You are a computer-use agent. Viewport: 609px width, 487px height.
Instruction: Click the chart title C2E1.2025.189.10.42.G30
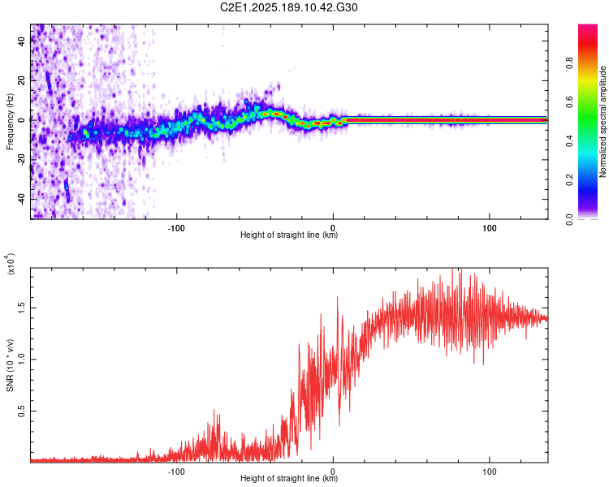tap(288, 7)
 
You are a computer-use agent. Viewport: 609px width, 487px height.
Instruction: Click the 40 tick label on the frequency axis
tap(21, 41)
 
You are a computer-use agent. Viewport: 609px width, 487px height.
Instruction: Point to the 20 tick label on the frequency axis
tap(21, 80)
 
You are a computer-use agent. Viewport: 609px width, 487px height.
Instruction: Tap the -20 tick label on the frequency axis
tap(21, 160)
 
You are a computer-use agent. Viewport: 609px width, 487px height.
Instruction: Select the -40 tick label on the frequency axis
tap(21, 199)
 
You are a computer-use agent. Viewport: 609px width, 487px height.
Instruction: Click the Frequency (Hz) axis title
tap(10, 122)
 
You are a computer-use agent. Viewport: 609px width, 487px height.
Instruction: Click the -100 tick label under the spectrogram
tap(176, 228)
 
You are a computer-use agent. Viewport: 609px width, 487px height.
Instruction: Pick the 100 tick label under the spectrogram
tap(490, 228)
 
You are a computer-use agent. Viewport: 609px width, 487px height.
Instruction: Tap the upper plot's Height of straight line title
tap(289, 235)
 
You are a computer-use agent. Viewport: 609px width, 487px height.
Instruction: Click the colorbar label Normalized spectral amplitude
tap(603, 122)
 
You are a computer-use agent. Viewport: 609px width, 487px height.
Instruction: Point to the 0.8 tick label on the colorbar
tap(569, 62)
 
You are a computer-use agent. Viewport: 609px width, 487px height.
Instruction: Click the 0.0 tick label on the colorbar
tap(569, 219)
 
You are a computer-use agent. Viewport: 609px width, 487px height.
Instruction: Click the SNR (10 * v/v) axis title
tap(10, 365)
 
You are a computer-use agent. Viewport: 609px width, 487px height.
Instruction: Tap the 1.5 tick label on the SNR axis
tap(21, 308)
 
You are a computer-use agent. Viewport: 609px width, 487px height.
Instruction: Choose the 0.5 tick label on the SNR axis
tap(21, 411)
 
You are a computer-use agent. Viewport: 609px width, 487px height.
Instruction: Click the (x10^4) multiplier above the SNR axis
tap(11, 264)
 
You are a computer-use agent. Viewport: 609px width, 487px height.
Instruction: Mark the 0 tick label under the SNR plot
tap(333, 472)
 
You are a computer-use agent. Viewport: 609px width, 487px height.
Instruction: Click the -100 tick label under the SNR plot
tap(176, 472)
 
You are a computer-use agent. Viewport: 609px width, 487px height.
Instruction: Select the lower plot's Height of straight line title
tap(289, 478)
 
